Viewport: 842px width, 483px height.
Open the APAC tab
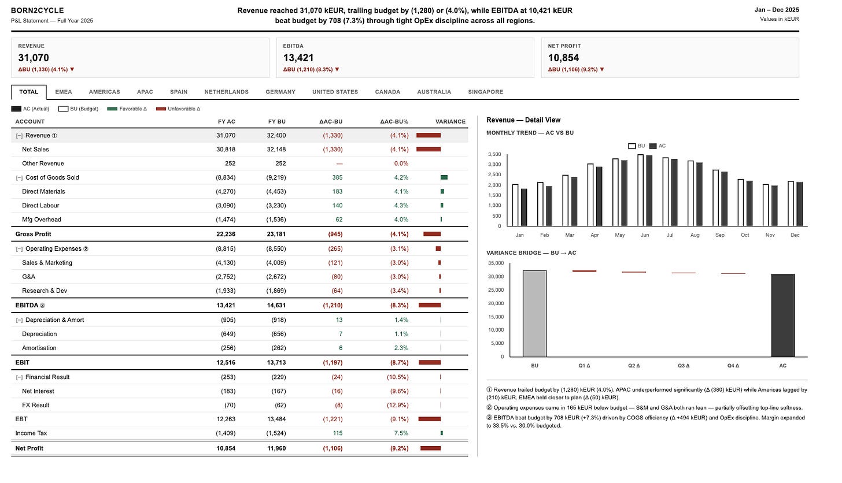tap(145, 92)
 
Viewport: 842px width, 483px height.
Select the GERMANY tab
tap(280, 92)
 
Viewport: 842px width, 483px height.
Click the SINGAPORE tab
tap(485, 92)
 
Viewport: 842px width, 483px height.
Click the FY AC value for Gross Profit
tap(226, 234)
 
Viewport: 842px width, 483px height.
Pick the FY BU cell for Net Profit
tap(276, 448)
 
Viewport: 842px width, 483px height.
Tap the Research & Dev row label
tap(45, 291)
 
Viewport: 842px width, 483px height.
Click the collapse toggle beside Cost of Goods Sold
tap(19, 177)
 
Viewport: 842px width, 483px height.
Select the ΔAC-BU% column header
tap(394, 122)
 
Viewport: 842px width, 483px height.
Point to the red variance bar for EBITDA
tap(430, 306)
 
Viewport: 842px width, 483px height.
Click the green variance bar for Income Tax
tap(442, 433)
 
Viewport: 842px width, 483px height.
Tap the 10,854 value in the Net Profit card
tap(563, 58)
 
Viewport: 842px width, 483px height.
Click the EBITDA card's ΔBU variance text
tap(311, 69)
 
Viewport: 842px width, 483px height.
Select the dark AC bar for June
tap(649, 191)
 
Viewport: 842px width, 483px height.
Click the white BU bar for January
tap(515, 205)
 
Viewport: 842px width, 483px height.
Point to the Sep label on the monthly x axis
tap(719, 235)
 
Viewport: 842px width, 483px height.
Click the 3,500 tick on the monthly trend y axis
tap(494, 154)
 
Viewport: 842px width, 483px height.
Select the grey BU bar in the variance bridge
tap(534, 314)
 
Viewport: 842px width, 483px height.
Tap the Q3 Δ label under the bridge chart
tap(684, 366)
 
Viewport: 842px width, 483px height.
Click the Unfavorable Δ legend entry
tap(178, 109)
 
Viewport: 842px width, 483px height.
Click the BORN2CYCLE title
tap(37, 10)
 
